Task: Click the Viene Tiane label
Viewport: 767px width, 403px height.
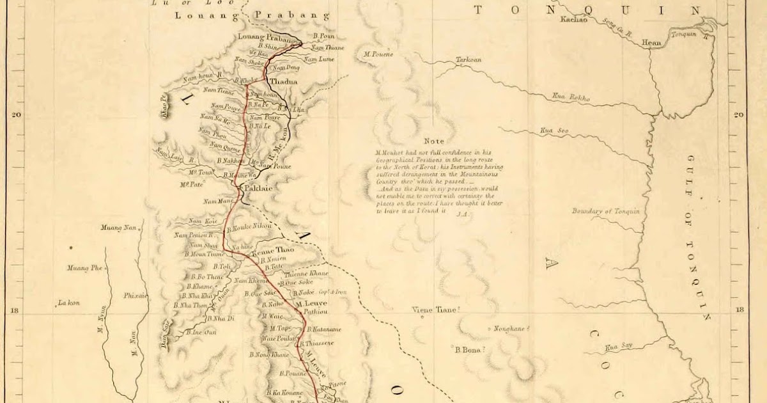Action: tap(436, 310)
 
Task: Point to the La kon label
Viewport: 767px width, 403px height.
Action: tap(68, 303)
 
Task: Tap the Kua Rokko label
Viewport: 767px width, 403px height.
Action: tap(571, 98)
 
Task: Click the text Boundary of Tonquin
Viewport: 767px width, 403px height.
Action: tap(605, 212)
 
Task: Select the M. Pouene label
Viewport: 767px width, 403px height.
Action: tap(378, 54)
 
